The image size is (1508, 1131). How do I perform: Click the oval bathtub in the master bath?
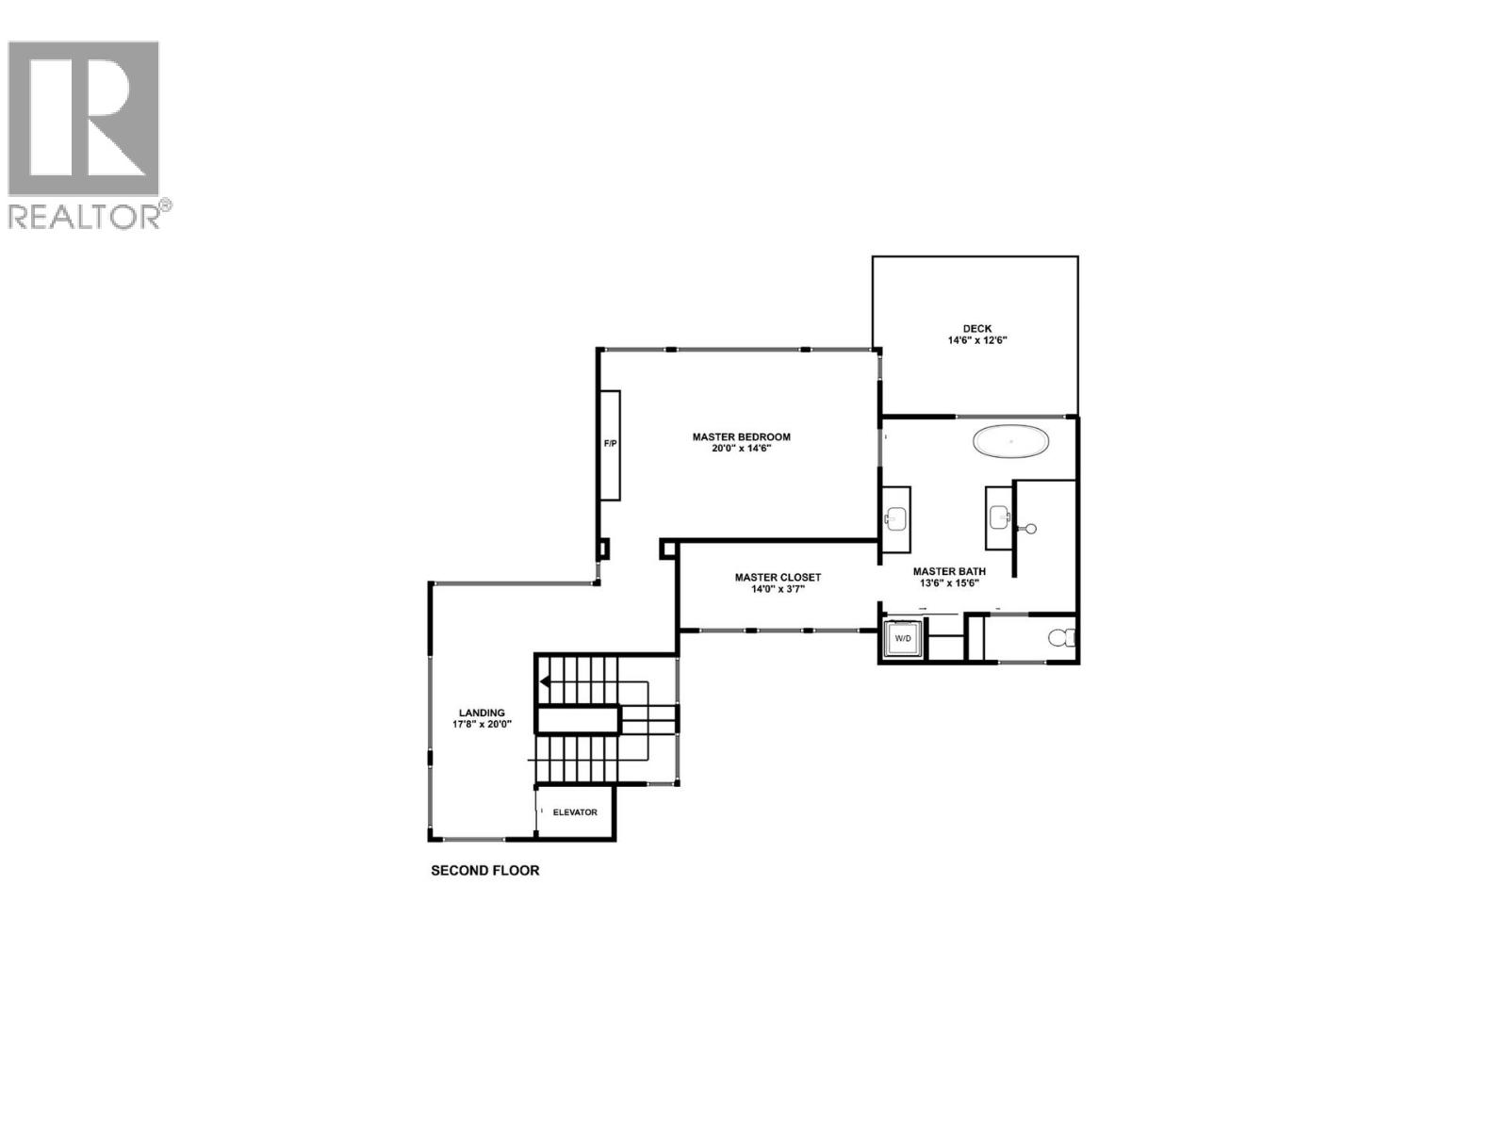(x=1010, y=441)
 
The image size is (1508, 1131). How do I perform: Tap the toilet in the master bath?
(x=1061, y=639)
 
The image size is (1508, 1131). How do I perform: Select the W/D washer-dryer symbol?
(x=903, y=639)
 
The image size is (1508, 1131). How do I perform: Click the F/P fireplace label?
(x=610, y=443)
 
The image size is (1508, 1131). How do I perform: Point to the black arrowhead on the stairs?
(x=545, y=680)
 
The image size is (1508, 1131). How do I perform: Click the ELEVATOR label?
(x=575, y=812)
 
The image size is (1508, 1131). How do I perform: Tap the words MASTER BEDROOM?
(x=741, y=437)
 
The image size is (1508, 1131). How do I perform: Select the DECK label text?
(x=977, y=329)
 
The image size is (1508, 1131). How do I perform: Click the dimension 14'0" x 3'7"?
(x=778, y=590)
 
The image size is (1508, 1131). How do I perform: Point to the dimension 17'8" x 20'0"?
(x=482, y=725)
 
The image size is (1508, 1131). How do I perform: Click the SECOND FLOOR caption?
(x=485, y=871)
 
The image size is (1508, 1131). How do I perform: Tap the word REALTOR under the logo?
(x=85, y=217)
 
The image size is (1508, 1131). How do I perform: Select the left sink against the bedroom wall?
(x=895, y=517)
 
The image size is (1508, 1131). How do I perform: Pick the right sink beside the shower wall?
(x=999, y=516)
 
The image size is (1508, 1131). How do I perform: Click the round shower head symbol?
(x=1031, y=529)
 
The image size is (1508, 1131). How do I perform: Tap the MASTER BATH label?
(x=949, y=571)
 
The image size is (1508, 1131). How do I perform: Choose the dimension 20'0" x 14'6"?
(x=742, y=450)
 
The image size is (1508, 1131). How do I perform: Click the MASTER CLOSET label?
(x=778, y=578)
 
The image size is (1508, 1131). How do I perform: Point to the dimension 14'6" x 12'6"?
(x=977, y=340)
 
